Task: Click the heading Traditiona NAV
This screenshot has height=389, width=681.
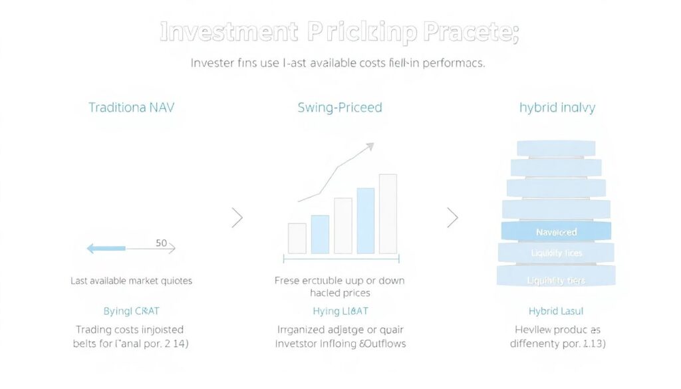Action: pyautogui.click(x=131, y=107)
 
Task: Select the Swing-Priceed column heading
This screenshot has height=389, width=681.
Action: pyautogui.click(x=340, y=107)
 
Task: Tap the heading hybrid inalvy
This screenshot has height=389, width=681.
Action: pyautogui.click(x=557, y=107)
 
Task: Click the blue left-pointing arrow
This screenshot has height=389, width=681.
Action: pyautogui.click(x=106, y=249)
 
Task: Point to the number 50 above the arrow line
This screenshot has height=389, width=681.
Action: pyautogui.click(x=161, y=243)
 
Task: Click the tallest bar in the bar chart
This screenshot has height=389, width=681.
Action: pyautogui.click(x=388, y=213)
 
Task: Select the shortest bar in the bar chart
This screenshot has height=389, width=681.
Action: pyautogui.click(x=297, y=238)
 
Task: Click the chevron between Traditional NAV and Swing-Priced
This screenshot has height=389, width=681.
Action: pyautogui.click(x=237, y=217)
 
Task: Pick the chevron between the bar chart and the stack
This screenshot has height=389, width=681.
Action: pyautogui.click(x=453, y=217)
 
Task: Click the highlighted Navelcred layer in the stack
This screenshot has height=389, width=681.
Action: pyautogui.click(x=556, y=232)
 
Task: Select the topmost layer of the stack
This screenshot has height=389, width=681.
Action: pyautogui.click(x=556, y=148)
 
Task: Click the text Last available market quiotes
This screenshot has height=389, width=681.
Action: pyautogui.click(x=131, y=281)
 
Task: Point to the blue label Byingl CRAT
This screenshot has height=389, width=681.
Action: pyautogui.click(x=131, y=311)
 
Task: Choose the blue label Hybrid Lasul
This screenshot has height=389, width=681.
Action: pyautogui.click(x=556, y=311)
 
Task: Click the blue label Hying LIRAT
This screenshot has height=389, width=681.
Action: pyautogui.click(x=340, y=311)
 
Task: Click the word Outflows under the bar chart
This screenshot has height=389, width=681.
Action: pyautogui.click(x=383, y=344)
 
